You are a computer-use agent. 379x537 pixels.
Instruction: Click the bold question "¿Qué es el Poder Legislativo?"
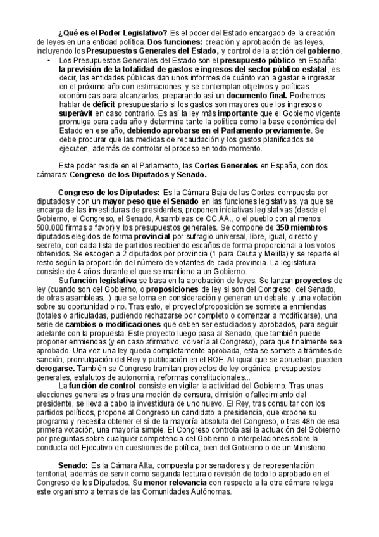[x=113, y=33]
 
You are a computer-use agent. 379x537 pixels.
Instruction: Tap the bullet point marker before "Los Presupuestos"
[x=48, y=60]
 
